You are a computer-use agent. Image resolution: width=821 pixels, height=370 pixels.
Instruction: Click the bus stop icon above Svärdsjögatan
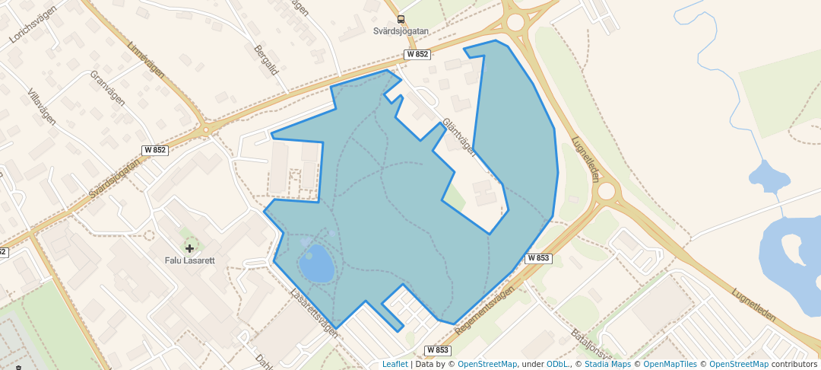point(401,20)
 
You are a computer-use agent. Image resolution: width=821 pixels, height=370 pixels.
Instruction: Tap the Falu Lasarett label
point(190,260)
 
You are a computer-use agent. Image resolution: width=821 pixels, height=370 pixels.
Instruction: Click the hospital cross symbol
point(189,248)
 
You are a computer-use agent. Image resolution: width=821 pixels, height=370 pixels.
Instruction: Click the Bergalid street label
point(267,60)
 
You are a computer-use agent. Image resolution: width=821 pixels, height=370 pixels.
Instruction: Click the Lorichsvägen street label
point(29,26)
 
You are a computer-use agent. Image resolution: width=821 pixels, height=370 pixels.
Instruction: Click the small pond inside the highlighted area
point(316,263)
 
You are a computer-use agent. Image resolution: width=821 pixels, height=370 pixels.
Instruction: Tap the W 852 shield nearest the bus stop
point(417,54)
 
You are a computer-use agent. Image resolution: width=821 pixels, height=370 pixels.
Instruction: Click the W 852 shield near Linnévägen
point(154,150)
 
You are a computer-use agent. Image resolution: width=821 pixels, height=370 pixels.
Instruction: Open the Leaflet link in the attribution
point(395,364)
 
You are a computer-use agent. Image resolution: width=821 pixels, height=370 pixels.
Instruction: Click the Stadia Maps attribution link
point(607,364)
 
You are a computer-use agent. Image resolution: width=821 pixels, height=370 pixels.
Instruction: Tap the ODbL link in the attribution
point(558,364)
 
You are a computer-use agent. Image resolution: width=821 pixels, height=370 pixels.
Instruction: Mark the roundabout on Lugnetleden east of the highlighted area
point(606,191)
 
